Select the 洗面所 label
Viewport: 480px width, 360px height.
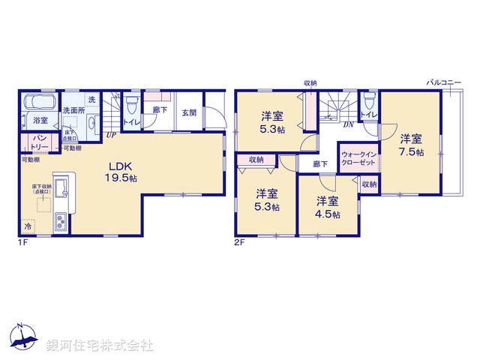(x=73, y=111)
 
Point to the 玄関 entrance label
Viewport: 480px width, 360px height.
(x=189, y=113)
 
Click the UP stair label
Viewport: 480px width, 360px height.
(x=110, y=135)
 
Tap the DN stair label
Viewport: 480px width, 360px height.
(x=348, y=125)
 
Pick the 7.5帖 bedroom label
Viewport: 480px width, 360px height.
(x=410, y=145)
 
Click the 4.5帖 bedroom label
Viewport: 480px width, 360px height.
(x=327, y=206)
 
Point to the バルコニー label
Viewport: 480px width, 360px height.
(x=444, y=82)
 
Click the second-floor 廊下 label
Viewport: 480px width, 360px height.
(x=320, y=163)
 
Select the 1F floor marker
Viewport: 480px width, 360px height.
(x=24, y=243)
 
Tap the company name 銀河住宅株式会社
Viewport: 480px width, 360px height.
(x=100, y=346)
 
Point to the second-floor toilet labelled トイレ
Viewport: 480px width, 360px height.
(x=368, y=115)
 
